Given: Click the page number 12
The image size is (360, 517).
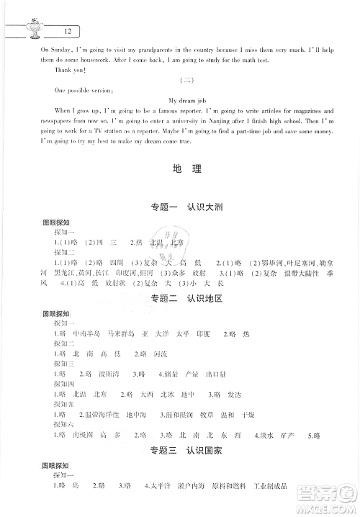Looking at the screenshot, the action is [67, 32].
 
